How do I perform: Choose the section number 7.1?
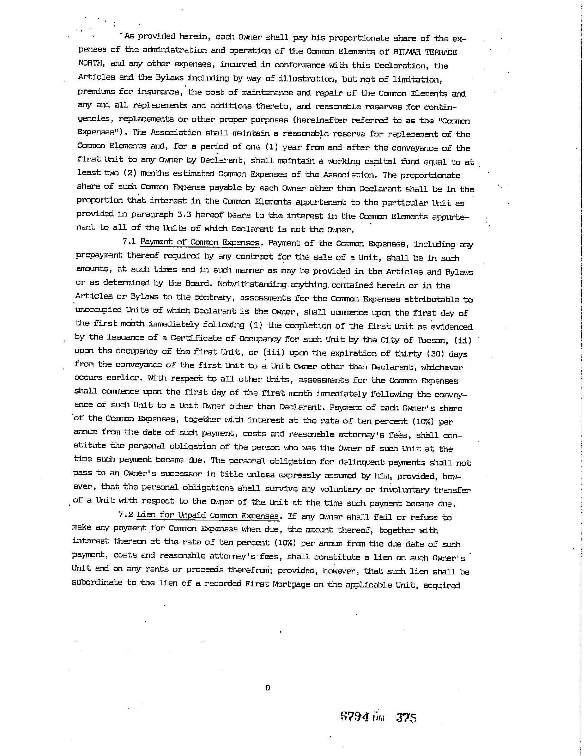coord(129,242)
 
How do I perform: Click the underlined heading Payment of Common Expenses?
coord(200,243)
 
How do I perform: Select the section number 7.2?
coord(126,514)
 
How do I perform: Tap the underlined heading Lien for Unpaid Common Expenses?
coord(208,515)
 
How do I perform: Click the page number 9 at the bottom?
coord(267,688)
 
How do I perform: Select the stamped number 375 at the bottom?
coord(406,717)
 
